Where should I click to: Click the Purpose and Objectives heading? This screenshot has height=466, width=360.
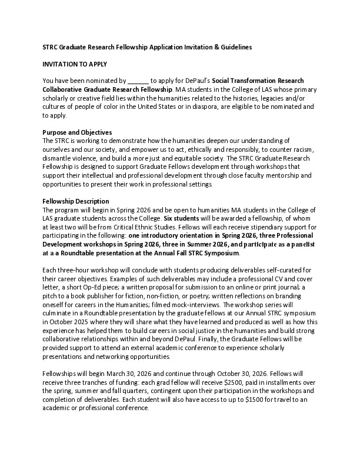[77, 132]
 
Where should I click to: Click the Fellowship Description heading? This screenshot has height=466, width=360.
[76, 201]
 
